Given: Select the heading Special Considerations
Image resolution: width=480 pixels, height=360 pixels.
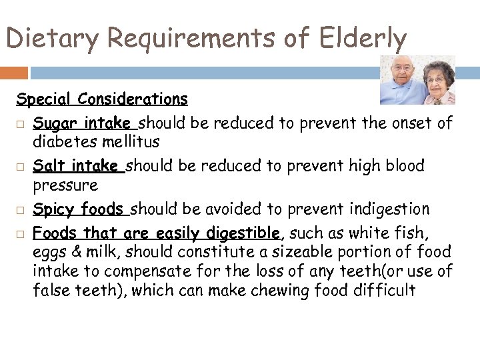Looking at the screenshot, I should pos(102,99).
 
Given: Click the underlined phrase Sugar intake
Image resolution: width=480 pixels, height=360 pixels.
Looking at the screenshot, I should pos(82,123).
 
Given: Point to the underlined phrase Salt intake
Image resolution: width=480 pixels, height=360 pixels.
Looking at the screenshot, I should pos(75,165).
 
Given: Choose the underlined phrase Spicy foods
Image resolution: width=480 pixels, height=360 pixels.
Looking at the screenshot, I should pos(78,209).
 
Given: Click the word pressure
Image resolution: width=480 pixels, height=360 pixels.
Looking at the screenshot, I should pos(65,185).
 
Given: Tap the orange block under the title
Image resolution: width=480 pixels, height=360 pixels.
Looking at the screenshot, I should pos(14,73).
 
